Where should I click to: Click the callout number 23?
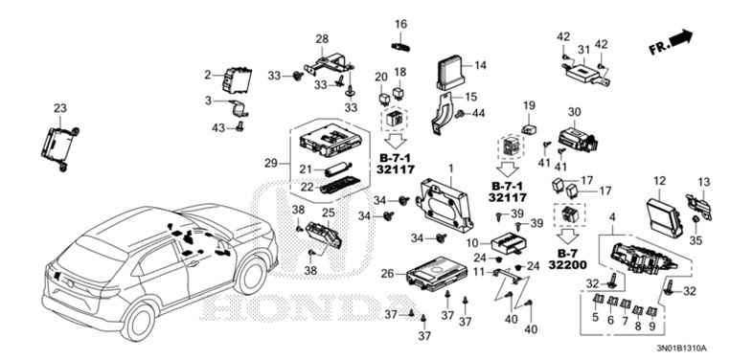60,108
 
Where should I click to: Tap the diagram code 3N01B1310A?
682,349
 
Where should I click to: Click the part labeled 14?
451,73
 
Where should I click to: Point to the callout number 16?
400,24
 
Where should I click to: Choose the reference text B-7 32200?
567,259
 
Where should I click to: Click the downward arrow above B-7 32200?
566,236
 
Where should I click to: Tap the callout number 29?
271,164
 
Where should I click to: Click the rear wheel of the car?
139,321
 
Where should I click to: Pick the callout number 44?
479,113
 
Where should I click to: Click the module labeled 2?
237,80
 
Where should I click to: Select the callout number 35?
696,240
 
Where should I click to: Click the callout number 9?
651,327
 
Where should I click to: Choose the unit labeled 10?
510,242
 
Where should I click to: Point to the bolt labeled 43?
240,125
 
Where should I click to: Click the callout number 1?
450,167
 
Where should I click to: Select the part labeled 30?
577,137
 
